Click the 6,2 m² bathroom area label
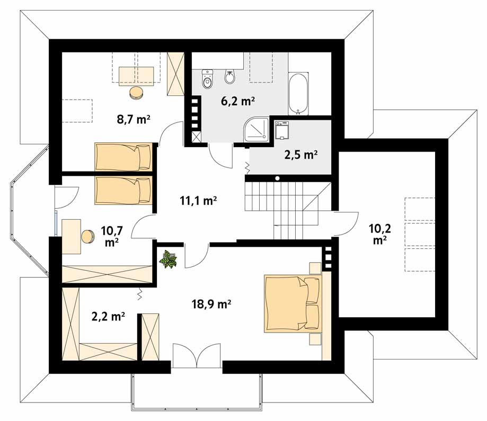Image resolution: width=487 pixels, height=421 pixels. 238,101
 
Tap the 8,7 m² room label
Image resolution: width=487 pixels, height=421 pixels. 134,119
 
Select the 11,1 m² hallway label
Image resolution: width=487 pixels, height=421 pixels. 198,201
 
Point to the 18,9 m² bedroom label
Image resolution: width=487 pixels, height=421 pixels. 211,304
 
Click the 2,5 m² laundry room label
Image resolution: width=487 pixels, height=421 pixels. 300,154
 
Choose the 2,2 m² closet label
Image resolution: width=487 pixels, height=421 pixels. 108,316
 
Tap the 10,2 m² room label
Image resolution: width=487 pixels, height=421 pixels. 379,234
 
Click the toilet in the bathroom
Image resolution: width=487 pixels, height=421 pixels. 207,79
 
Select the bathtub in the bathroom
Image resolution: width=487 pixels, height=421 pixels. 298,94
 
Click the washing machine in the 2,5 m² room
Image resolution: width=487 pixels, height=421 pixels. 282,130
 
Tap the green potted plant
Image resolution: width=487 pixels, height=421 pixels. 168,259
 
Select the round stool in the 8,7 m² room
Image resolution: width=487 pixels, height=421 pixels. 136,93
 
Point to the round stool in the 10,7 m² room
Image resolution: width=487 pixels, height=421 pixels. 88,236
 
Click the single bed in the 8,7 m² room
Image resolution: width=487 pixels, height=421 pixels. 123,156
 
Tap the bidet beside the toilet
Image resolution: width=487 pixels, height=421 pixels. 230,77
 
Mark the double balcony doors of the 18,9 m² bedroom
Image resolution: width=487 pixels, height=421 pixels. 197,355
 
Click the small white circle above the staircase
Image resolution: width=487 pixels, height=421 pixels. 277,178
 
